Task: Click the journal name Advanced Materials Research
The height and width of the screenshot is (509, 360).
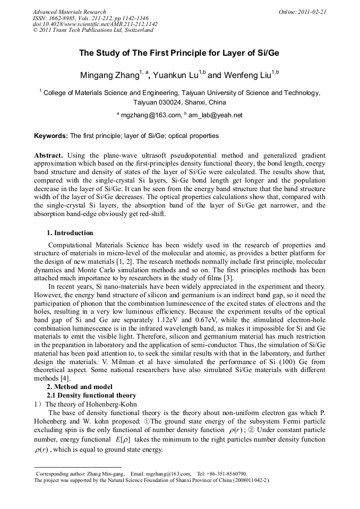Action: click(x=70, y=12)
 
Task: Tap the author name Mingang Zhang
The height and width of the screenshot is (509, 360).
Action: click(x=109, y=75)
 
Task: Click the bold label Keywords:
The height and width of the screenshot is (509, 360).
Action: click(x=51, y=136)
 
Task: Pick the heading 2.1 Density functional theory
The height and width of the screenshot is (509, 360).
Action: click(x=91, y=395)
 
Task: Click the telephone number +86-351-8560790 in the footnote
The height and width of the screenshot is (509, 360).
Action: click(x=228, y=473)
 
